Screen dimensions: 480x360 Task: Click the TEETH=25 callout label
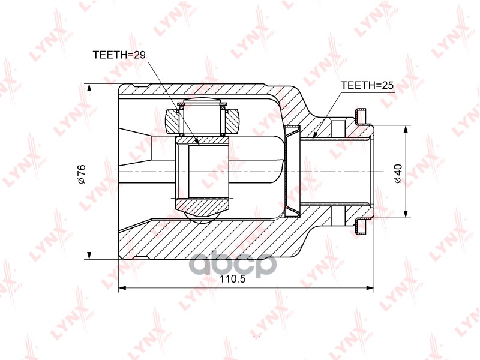click(367, 85)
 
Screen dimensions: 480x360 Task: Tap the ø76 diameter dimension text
click(82, 174)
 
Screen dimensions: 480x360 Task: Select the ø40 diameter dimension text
click(398, 173)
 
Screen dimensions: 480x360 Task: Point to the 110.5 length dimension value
click(233, 280)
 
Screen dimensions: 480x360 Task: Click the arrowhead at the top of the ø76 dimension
click(89, 87)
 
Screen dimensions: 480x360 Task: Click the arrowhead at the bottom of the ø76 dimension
click(89, 256)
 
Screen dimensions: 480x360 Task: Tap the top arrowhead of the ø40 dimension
click(406, 129)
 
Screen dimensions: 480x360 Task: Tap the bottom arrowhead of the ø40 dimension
click(406, 214)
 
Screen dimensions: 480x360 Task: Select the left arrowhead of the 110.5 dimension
click(122, 288)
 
